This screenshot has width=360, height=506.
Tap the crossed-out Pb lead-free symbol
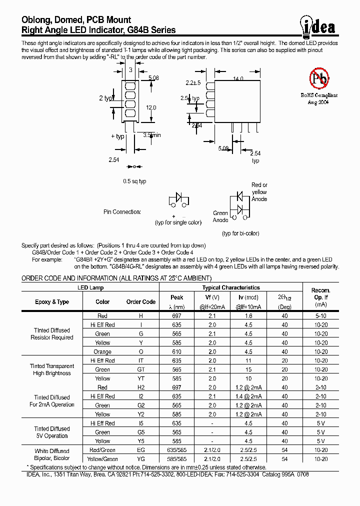(x=318, y=78)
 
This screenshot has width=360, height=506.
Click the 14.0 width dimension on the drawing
(x=238, y=78)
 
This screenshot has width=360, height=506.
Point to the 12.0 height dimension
(x=151, y=107)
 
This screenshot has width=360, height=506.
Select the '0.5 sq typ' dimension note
(x=134, y=181)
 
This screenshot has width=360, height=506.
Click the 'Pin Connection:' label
(x=122, y=212)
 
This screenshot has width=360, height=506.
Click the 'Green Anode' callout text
(x=220, y=216)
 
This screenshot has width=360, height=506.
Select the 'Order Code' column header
(x=140, y=302)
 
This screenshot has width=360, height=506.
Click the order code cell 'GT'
(x=140, y=369)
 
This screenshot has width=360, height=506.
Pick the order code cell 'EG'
(x=140, y=450)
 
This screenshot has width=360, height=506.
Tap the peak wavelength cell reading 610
(x=176, y=351)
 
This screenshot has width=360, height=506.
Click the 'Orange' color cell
(x=102, y=351)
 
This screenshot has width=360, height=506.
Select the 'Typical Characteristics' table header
(x=230, y=287)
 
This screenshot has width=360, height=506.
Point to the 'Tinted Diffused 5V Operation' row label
(x=52, y=432)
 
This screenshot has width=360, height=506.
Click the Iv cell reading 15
(x=248, y=369)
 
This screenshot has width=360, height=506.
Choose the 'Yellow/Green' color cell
(x=102, y=459)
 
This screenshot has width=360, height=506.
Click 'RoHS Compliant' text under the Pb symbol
(x=319, y=95)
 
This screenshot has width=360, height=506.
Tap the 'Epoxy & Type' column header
(x=52, y=302)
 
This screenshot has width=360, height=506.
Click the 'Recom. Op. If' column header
(x=320, y=297)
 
